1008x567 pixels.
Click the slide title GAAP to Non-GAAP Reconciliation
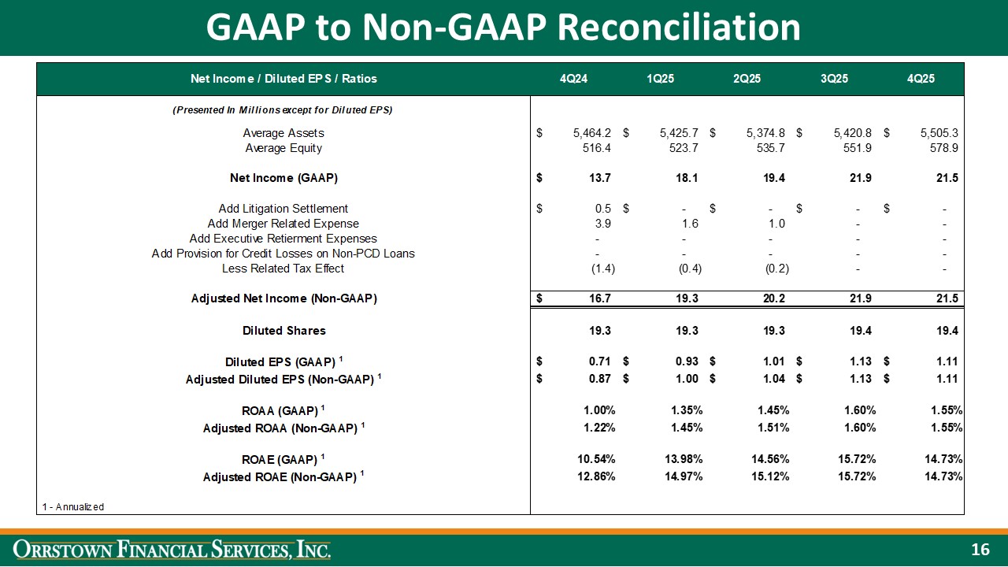point(503,28)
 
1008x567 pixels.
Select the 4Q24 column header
point(574,79)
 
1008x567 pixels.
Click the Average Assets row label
point(283,133)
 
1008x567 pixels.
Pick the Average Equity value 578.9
point(942,148)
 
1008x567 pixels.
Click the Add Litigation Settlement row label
point(283,209)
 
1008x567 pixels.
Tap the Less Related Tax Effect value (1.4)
point(602,269)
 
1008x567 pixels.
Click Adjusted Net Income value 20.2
point(772,299)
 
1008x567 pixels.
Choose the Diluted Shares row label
point(283,331)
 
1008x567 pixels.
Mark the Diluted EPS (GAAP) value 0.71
point(598,361)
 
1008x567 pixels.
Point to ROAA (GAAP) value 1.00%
point(596,410)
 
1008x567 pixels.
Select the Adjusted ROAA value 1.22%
point(596,428)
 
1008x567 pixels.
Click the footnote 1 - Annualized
point(72,506)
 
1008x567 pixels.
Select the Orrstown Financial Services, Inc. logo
point(174,550)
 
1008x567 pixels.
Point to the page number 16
point(980,550)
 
